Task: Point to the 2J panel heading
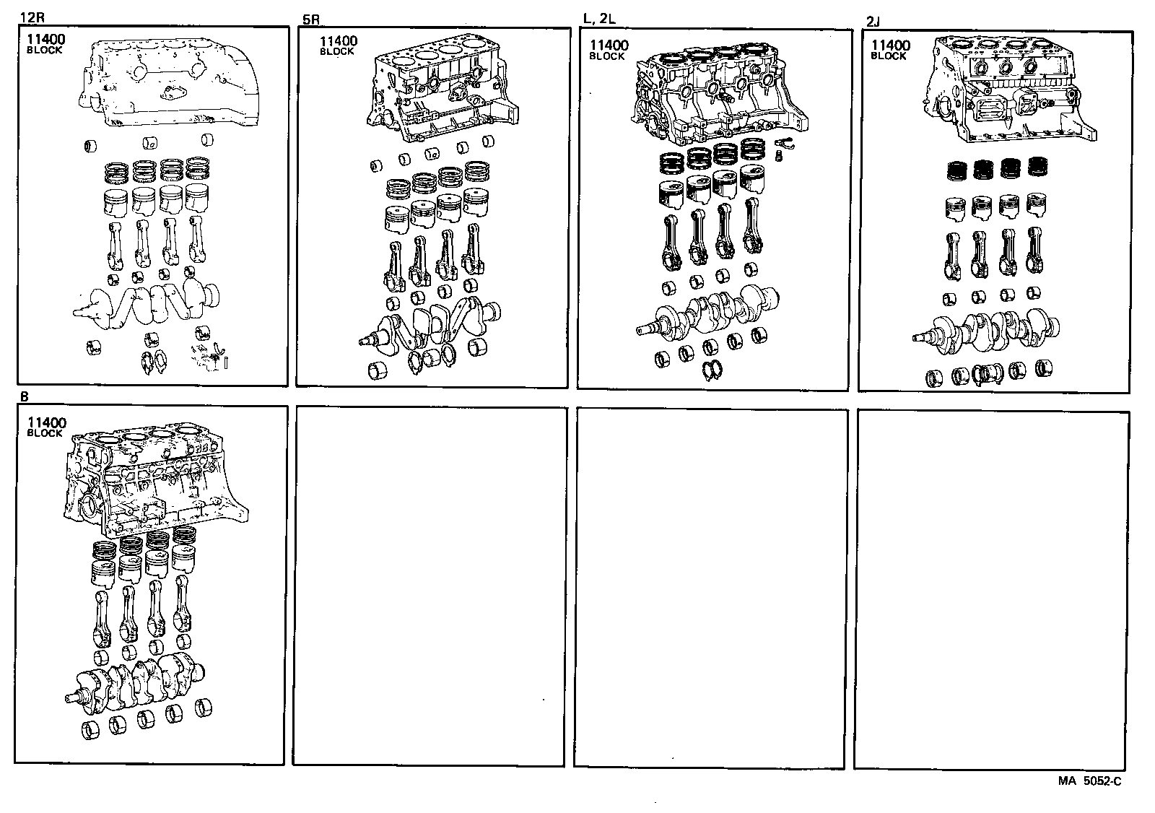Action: click(x=872, y=22)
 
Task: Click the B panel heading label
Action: click(x=24, y=396)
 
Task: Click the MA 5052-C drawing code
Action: click(x=1090, y=781)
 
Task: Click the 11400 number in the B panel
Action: click(x=46, y=423)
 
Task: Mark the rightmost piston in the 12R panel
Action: click(x=196, y=200)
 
